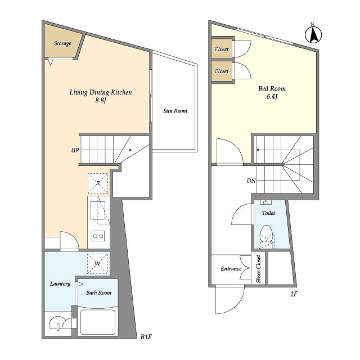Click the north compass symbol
313,34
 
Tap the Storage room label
62,43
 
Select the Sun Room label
175,111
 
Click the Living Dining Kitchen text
101,92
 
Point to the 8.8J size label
101,100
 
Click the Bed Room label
272,88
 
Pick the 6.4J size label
272,96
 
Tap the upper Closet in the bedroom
222,49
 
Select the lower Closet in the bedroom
222,71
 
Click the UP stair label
75,150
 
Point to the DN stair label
251,181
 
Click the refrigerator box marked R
98,183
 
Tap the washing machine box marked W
97,264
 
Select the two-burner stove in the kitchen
98,236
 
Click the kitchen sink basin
98,210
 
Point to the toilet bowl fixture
266,236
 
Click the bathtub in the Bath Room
98,322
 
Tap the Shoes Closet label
259,269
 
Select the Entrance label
231,269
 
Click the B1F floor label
146,337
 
